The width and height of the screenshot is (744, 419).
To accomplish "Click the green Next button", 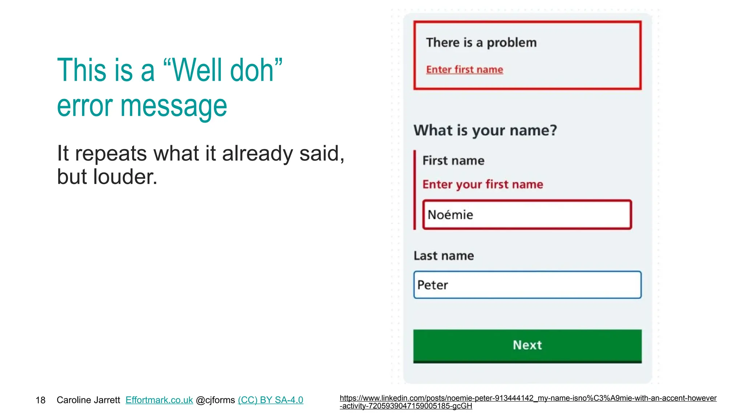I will point(527,345).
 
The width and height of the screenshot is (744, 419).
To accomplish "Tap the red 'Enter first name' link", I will point(465,69).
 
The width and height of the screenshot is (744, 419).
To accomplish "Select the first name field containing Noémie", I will point(527,215).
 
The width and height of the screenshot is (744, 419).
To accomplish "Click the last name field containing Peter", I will point(527,285).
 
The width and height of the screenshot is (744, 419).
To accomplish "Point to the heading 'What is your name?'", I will point(485,130).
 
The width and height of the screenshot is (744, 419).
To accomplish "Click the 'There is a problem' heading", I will point(481,43).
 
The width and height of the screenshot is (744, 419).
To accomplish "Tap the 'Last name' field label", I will point(444,256).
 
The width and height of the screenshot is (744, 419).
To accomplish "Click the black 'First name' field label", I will point(453,160).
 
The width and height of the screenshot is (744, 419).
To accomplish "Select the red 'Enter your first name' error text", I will point(483,184).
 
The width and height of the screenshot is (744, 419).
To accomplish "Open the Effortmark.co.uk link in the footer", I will point(159,400).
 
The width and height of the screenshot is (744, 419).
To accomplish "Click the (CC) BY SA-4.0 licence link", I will point(270,400).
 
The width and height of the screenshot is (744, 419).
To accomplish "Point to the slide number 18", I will point(40,400).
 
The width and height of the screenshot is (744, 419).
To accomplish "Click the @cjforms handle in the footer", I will point(215,400).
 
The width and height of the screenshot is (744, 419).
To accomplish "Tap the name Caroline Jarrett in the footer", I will point(88,400).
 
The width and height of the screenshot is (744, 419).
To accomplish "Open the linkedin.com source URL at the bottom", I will point(528,402).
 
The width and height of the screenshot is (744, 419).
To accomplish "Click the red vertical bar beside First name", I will point(415,190).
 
